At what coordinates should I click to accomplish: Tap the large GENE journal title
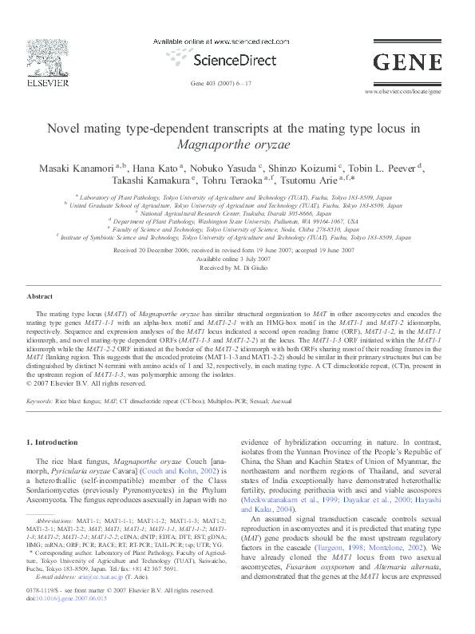408,61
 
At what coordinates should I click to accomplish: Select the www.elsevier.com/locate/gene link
402,92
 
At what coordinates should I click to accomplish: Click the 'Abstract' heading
40,296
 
